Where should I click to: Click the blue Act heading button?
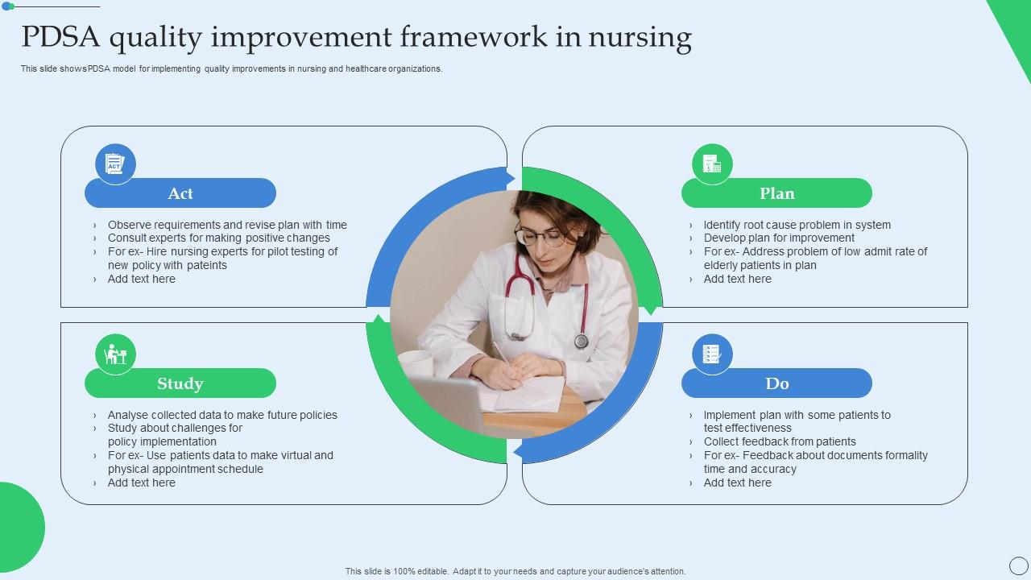coord(180,193)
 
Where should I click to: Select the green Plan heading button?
coord(776,193)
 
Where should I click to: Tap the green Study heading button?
coord(180,383)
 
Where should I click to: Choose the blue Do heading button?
coord(776,383)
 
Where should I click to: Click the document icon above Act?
coord(115,164)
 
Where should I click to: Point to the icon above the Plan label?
coord(712,164)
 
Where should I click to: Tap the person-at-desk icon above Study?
coord(115,354)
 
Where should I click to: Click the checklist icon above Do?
coord(712,354)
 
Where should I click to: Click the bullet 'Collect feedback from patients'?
coord(779,441)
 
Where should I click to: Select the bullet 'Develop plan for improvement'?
coord(779,238)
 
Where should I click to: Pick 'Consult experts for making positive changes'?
coord(218,238)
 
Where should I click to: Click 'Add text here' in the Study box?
coord(141,483)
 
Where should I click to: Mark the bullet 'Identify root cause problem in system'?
coord(797,225)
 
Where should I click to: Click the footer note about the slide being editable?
coord(515,571)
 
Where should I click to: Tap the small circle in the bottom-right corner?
coord(1018,565)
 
